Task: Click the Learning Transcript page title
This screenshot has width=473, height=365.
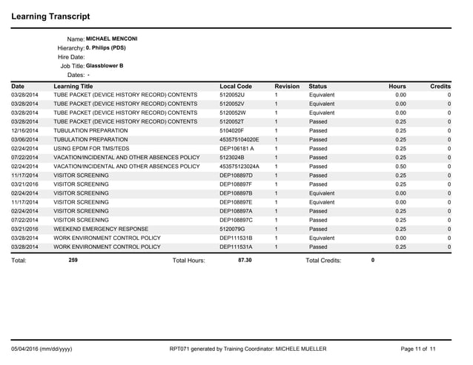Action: pyautogui.click(x=51, y=16)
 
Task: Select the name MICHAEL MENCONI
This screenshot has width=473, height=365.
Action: pyautogui.click(x=112, y=38)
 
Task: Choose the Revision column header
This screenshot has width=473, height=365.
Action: pyautogui.click(x=287, y=87)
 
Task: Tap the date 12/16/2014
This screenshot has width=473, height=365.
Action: pyautogui.click(x=25, y=129)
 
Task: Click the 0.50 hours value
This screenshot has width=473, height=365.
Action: pyautogui.click(x=400, y=167)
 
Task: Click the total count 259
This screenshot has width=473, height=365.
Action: pyautogui.click(x=73, y=261)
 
